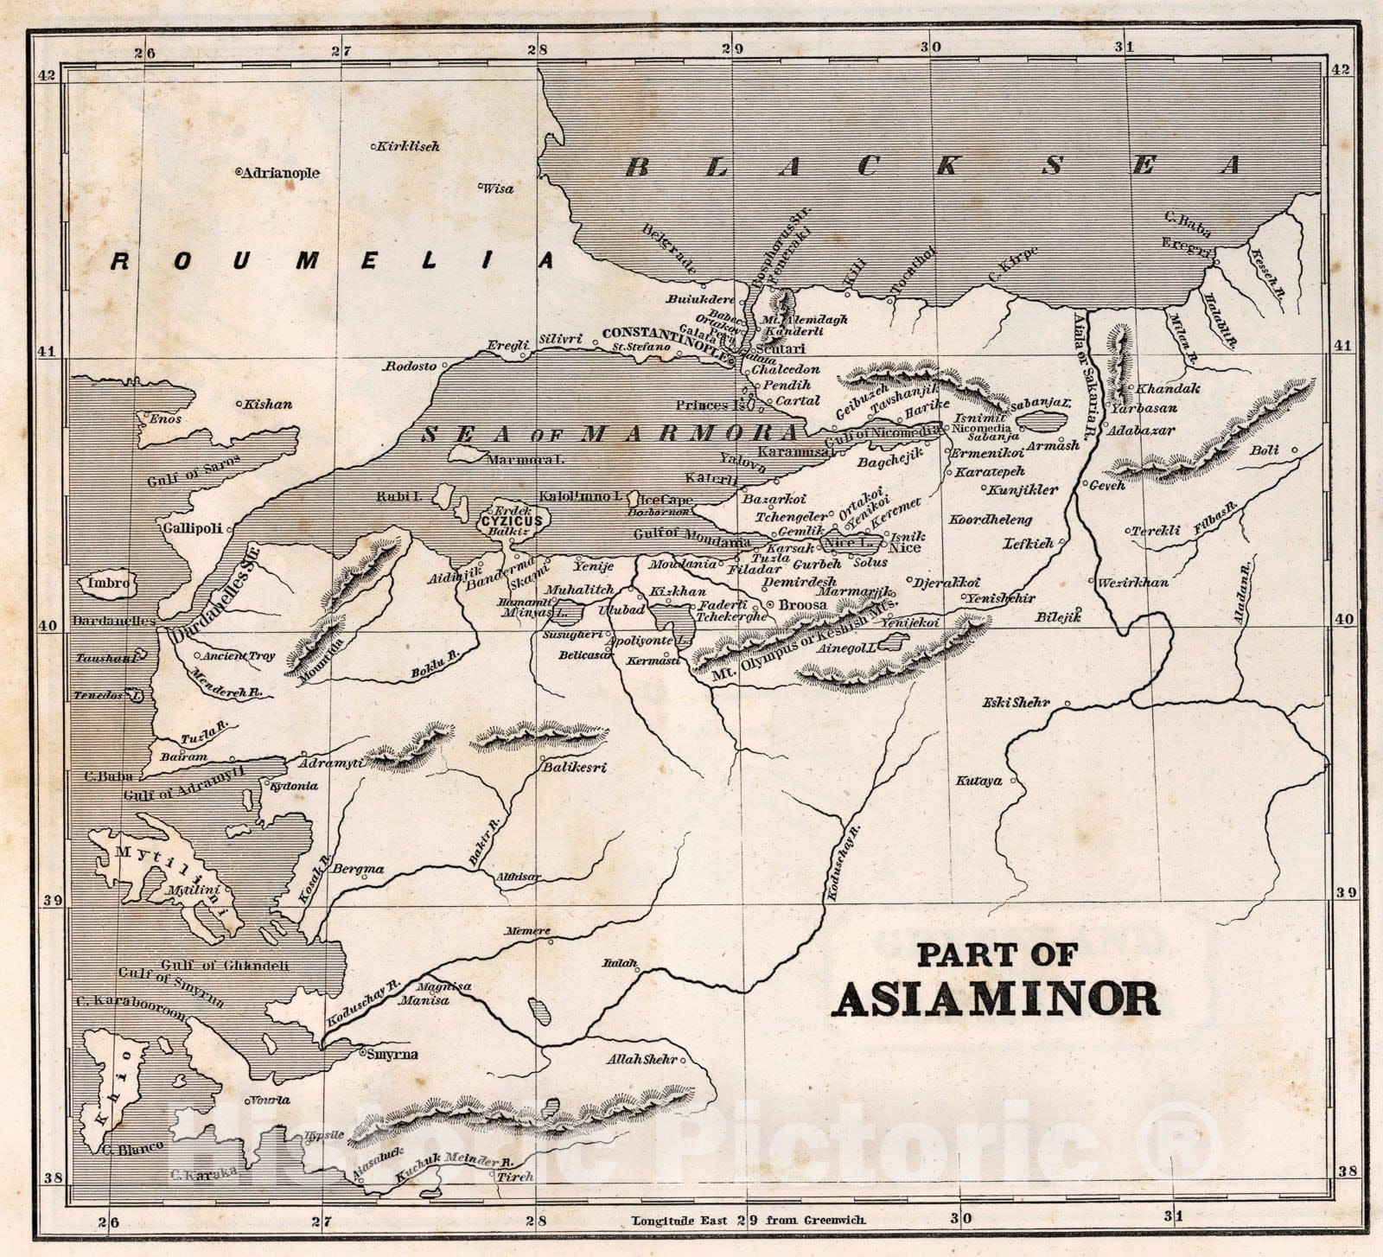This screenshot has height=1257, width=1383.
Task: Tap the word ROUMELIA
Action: tap(333, 260)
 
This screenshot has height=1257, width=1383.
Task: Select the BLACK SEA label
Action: tap(934, 165)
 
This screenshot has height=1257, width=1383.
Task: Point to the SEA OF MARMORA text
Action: tap(609, 434)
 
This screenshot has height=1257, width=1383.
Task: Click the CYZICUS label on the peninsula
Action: tap(512, 521)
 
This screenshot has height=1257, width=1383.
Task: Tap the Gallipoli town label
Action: tap(191, 527)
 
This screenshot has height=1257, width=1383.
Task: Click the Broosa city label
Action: tap(803, 605)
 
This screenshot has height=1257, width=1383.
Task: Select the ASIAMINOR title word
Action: tap(996, 999)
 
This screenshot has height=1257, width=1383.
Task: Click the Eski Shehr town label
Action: tap(1016, 702)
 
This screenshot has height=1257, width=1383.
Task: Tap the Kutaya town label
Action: tap(978, 781)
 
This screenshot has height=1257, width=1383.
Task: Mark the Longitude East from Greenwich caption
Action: tap(749, 1221)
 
